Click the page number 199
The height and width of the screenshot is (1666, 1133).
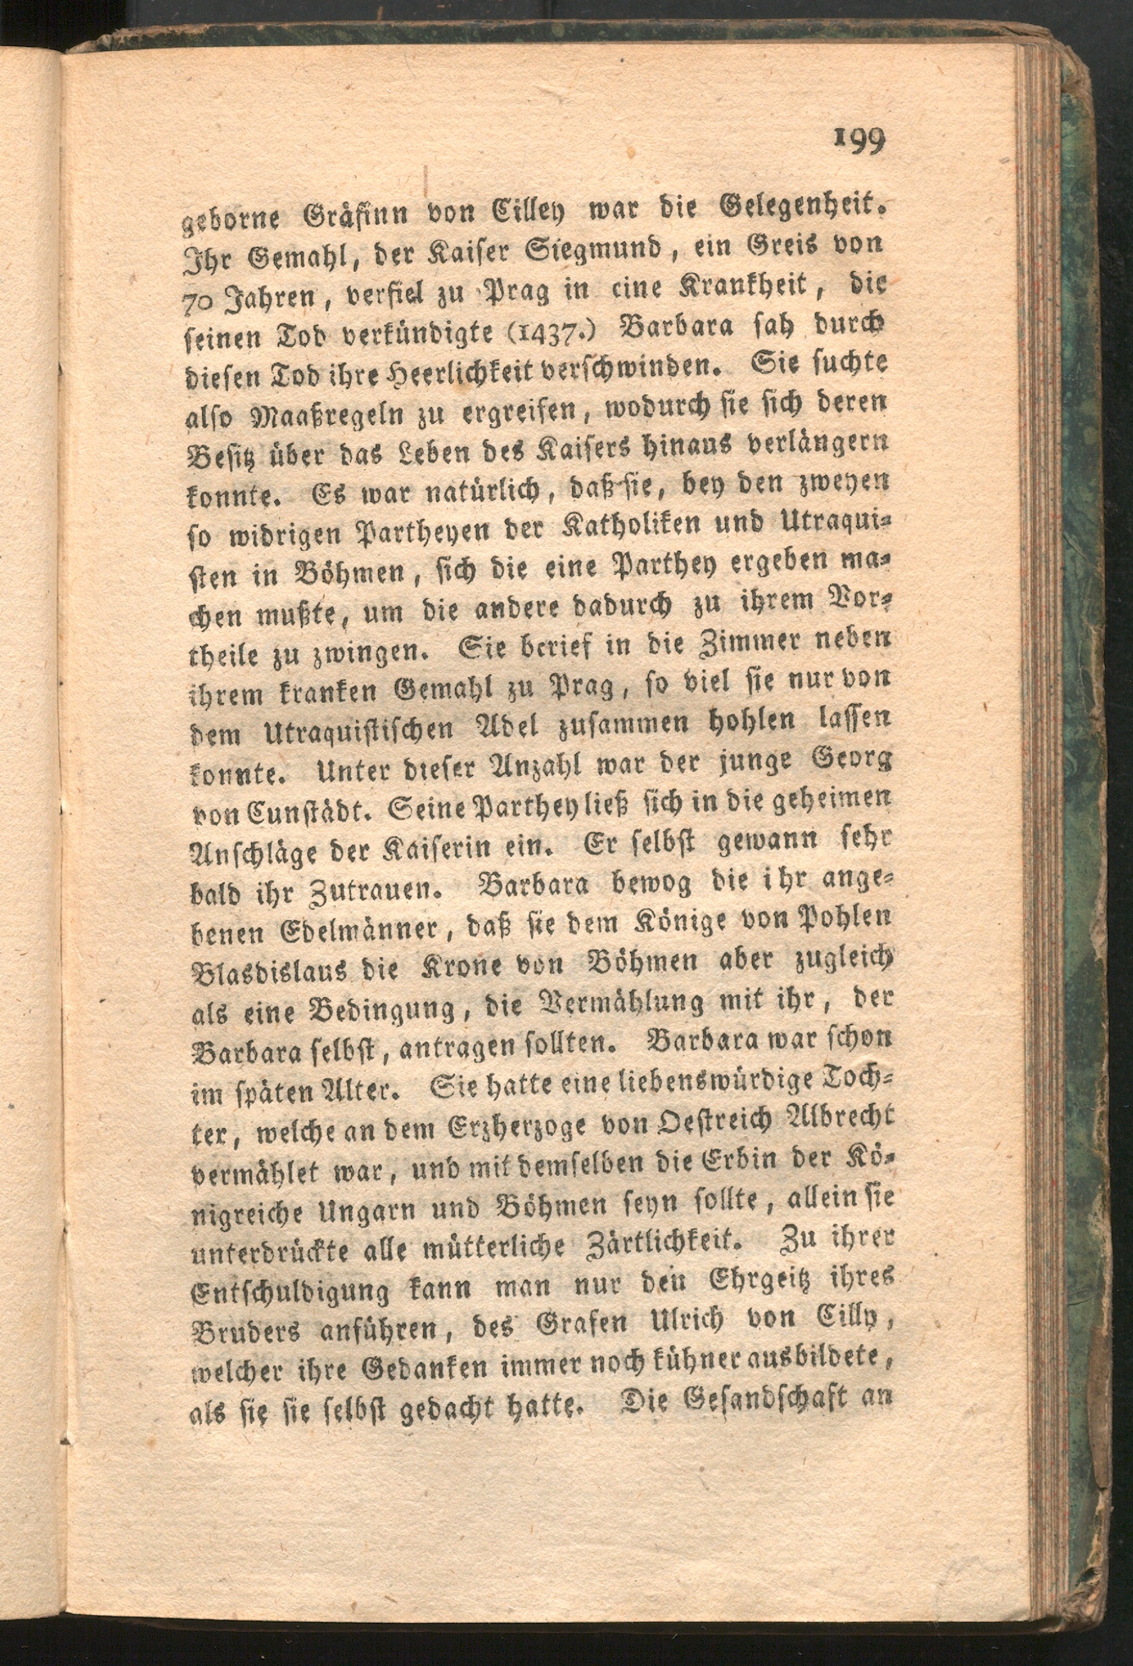(860, 140)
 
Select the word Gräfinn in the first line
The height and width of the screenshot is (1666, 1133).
(346, 213)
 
